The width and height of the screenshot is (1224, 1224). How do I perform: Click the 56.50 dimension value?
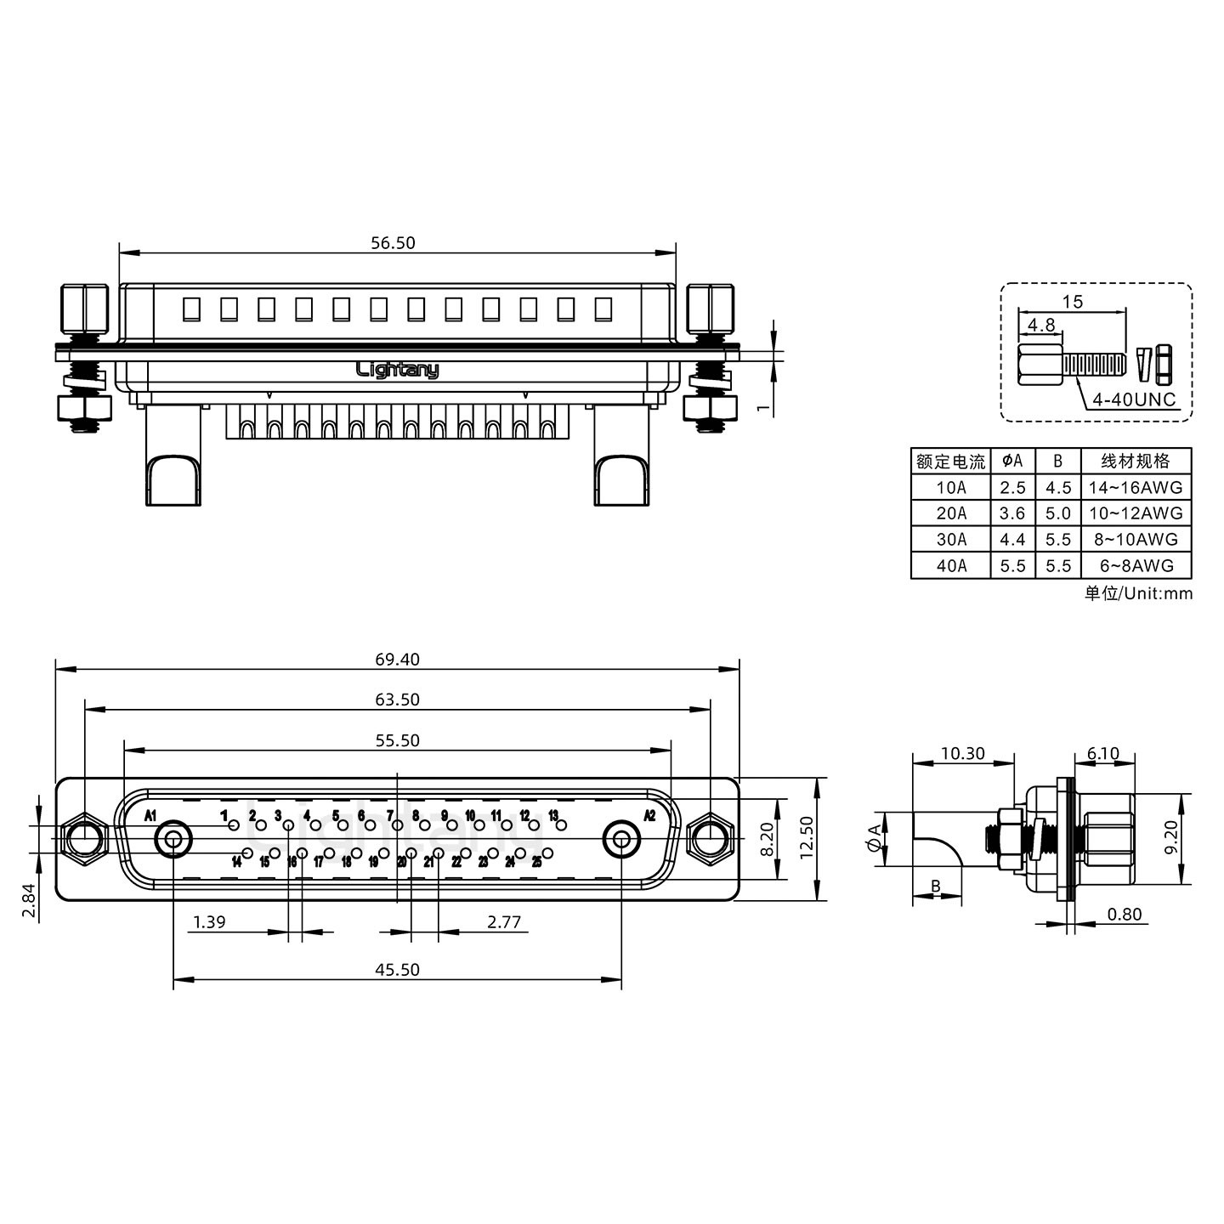[393, 243]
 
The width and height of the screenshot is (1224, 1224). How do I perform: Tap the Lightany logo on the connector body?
[397, 370]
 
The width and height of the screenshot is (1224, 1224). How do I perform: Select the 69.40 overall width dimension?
[397, 660]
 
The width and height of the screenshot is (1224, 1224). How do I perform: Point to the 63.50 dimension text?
[397, 700]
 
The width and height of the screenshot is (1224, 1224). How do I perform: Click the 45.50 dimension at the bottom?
[397, 970]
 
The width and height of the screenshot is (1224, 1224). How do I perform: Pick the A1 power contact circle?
[173, 841]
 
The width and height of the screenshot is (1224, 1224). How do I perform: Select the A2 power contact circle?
[621, 841]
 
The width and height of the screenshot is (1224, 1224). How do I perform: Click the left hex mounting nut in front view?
[84, 841]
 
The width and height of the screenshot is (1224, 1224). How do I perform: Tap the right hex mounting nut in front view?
[710, 841]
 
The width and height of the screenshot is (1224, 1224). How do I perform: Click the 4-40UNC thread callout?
[1134, 399]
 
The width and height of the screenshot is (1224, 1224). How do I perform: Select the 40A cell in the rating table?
[951, 565]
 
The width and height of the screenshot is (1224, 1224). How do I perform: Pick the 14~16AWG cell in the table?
[1136, 488]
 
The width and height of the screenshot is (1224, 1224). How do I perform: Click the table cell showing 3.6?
[1012, 513]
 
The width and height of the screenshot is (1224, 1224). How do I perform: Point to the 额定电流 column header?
[950, 462]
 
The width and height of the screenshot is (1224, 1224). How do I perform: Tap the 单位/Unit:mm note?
[1138, 593]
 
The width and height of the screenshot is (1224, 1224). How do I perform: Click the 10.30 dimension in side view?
[962, 753]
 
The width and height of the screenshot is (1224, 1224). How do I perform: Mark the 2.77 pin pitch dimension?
[504, 921]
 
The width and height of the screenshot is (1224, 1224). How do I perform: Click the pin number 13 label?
[553, 816]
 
